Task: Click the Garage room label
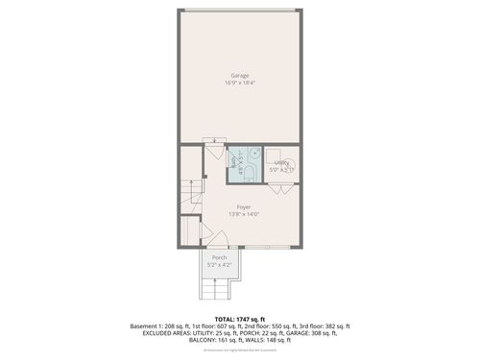click(x=240, y=75)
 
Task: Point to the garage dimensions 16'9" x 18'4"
click(x=240, y=83)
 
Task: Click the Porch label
click(x=220, y=257)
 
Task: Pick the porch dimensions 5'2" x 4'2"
click(x=220, y=264)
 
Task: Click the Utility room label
click(x=282, y=163)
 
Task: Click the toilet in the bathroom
click(x=248, y=174)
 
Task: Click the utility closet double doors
click(x=280, y=188)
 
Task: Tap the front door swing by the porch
click(x=207, y=235)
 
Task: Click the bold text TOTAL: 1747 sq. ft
click(x=240, y=319)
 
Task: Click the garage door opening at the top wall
click(x=240, y=11)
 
